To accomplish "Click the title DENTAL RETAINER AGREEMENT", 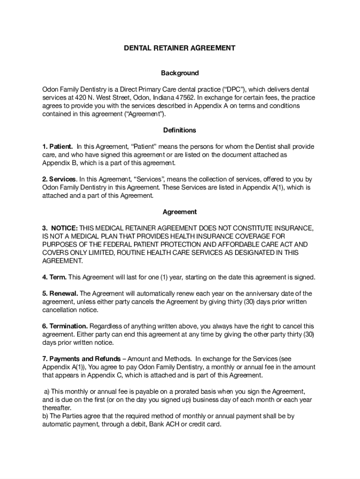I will [180, 48].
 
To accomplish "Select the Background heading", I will [180, 73].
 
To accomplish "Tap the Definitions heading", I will [180, 130].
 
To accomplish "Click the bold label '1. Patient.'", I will [58, 147].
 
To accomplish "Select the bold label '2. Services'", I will [59, 179].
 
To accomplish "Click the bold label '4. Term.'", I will [54, 277].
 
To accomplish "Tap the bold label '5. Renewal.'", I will [60, 294].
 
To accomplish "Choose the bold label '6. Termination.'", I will [65, 326].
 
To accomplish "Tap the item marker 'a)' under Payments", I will [47, 392].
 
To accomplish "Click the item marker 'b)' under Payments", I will [45, 416].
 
